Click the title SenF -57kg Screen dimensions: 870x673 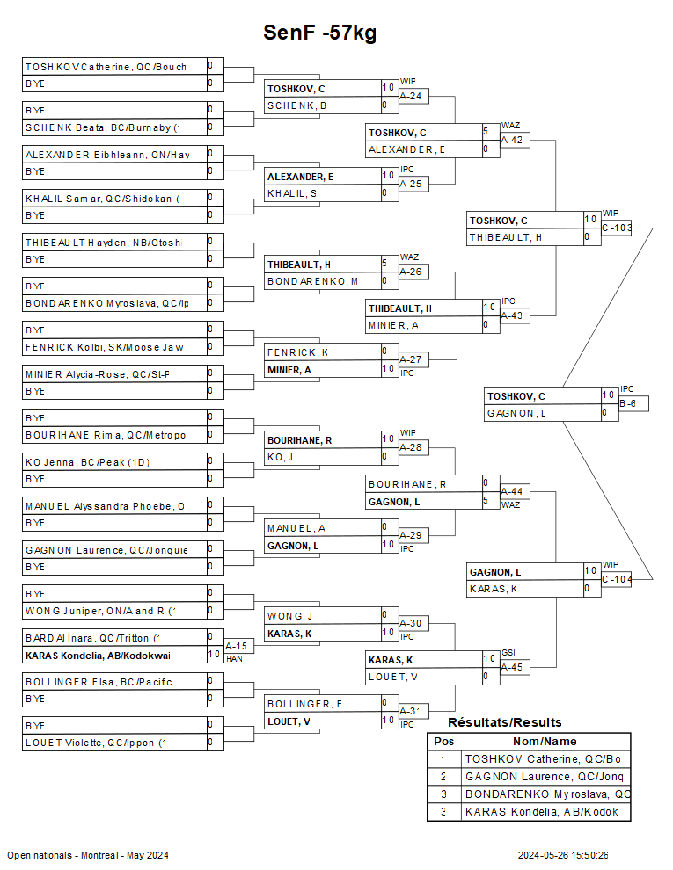(x=319, y=33)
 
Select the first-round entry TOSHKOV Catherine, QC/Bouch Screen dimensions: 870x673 (x=106, y=66)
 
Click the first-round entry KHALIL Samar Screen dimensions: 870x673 (x=101, y=198)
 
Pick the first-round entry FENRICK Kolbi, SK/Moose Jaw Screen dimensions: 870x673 (x=104, y=347)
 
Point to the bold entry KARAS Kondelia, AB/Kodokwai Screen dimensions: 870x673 (x=98, y=655)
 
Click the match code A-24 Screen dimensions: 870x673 (x=410, y=96)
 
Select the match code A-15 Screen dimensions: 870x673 (x=236, y=646)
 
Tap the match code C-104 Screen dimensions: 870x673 (x=617, y=579)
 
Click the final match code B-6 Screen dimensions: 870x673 (x=627, y=403)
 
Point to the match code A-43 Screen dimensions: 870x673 (x=511, y=315)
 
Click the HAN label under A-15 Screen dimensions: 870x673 (x=234, y=658)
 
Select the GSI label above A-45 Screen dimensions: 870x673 (x=508, y=653)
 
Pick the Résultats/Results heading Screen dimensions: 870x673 (x=504, y=722)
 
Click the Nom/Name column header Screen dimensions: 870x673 (x=545, y=742)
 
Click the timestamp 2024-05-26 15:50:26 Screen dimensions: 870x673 (x=563, y=855)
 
